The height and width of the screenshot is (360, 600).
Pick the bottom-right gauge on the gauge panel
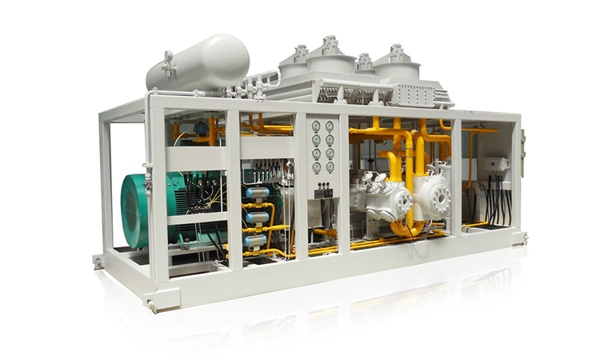pos(329,167)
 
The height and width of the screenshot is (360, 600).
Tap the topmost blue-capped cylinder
pos(256,193)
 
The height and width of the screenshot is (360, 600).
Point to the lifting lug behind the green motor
pos(98,262)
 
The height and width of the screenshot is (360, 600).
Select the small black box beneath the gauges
pos(323,193)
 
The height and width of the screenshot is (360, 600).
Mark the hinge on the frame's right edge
pos(522,148)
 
